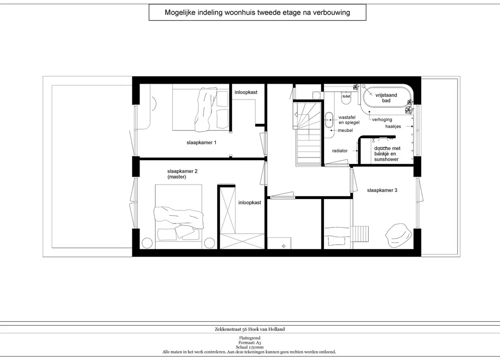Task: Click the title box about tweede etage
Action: pyautogui.click(x=257, y=12)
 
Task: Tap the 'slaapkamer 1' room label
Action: pyautogui.click(x=202, y=142)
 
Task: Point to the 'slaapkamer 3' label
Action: pyautogui.click(x=382, y=190)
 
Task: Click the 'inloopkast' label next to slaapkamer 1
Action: pyautogui.click(x=246, y=93)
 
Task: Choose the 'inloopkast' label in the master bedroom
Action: pyautogui.click(x=250, y=202)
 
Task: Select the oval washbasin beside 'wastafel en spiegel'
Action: pyautogui.click(x=329, y=120)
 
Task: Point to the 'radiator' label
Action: pyautogui.click(x=340, y=151)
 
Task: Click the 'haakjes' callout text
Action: pyautogui.click(x=393, y=127)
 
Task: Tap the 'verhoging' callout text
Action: pyautogui.click(x=382, y=120)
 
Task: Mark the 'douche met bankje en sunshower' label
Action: pyautogui.click(x=387, y=154)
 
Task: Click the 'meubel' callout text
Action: pyautogui.click(x=345, y=130)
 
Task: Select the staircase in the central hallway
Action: pyautogui.click(x=309, y=134)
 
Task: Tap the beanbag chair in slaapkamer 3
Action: pyautogui.click(x=399, y=234)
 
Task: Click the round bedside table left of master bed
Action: pyautogui.click(x=147, y=243)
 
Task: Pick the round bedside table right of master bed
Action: pyautogui.click(x=210, y=243)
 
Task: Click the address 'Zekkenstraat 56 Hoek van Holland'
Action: pyautogui.click(x=250, y=329)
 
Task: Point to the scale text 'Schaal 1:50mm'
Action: pyautogui.click(x=250, y=347)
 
